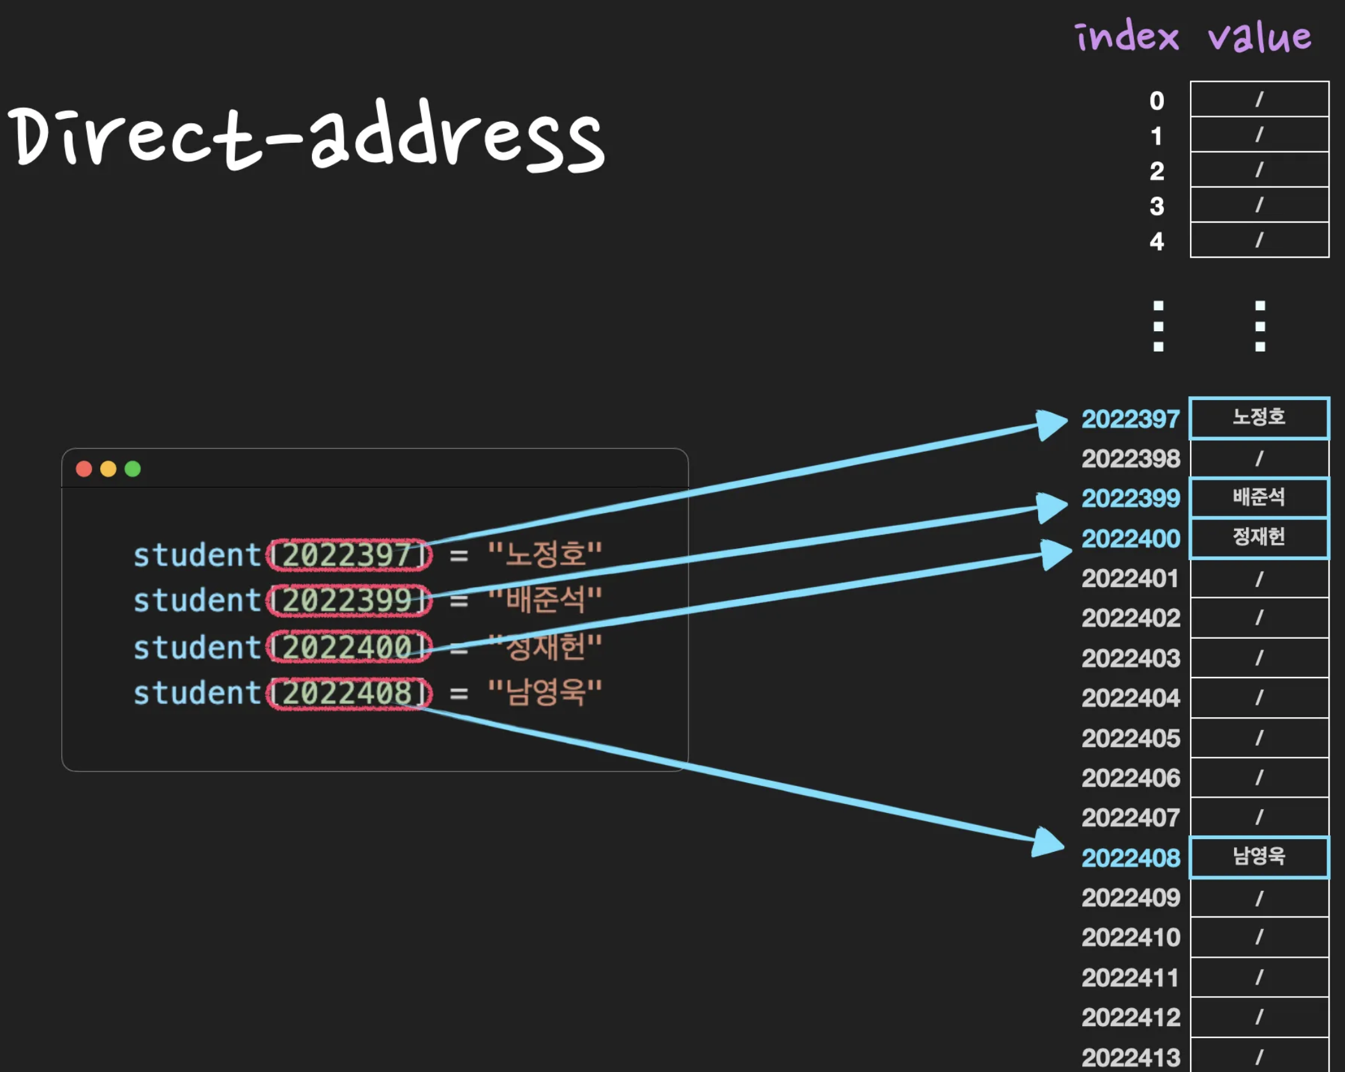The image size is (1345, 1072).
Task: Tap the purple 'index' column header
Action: [x=1127, y=36]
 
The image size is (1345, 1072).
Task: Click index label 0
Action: [x=1156, y=100]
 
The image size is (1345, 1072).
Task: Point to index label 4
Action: [x=1156, y=241]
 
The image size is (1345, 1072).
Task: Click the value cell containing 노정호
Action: [x=1259, y=418]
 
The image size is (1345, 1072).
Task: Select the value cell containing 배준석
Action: [x=1259, y=497]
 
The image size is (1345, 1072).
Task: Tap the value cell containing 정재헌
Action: [x=1259, y=537]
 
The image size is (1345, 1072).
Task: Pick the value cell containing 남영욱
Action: [x=1259, y=857]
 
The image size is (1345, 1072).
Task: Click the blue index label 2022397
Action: [x=1130, y=419]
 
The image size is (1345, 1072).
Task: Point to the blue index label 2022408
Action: [x=1130, y=858]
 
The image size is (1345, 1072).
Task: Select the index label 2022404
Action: [x=1130, y=698]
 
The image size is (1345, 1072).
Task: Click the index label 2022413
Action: [x=1130, y=1057]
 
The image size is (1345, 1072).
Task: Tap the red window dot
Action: [x=84, y=469]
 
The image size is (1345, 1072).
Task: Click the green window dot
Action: [x=133, y=469]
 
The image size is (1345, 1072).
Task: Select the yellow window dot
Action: [x=108, y=469]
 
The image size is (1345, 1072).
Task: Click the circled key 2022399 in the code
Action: [x=348, y=600]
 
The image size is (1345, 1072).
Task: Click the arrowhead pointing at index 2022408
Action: [x=1048, y=843]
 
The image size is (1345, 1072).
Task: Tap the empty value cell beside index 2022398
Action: [x=1259, y=458]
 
